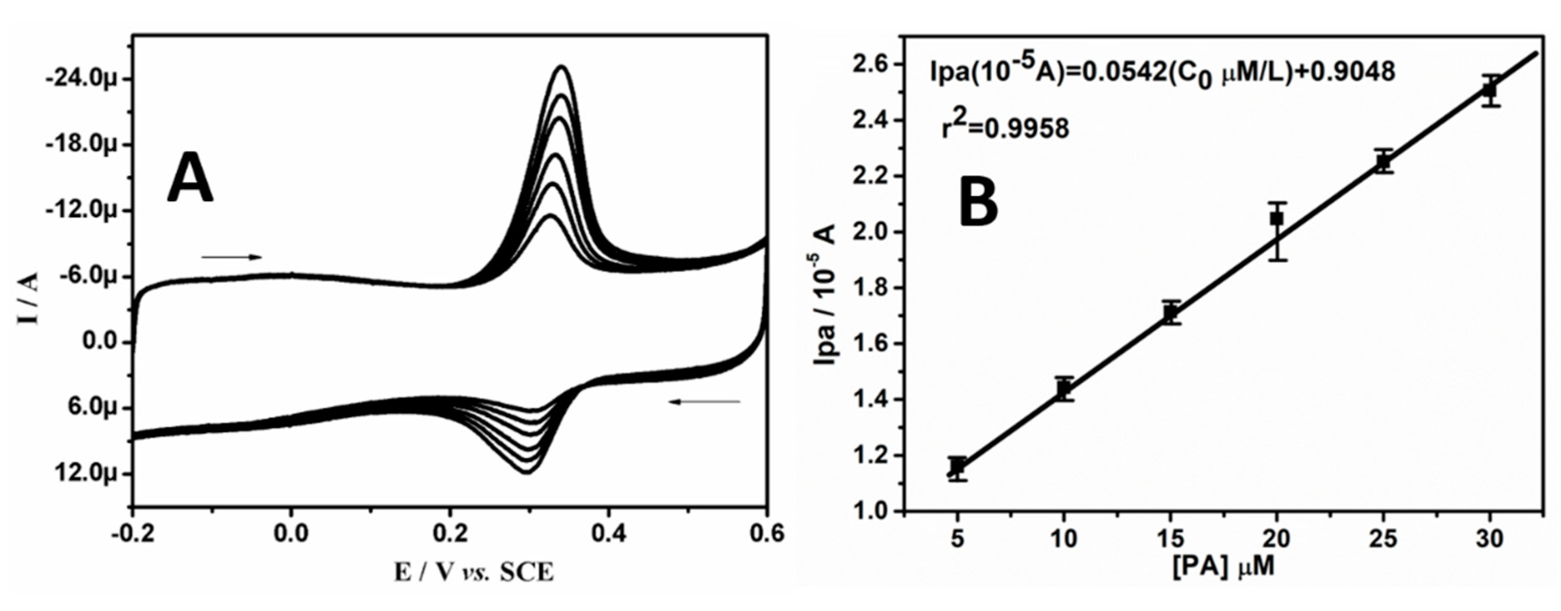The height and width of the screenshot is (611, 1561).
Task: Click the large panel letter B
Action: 979,202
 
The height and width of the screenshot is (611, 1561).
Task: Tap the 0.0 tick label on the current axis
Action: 99,343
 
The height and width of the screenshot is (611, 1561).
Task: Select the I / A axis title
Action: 28,298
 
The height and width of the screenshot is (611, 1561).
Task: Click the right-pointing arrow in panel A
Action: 232,257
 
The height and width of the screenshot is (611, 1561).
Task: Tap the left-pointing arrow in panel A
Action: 704,401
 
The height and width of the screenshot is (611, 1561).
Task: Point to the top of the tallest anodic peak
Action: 562,67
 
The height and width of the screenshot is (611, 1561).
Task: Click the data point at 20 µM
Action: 1277,218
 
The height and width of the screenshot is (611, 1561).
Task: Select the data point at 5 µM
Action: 957,467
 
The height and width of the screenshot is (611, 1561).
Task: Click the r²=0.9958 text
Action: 1005,128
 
